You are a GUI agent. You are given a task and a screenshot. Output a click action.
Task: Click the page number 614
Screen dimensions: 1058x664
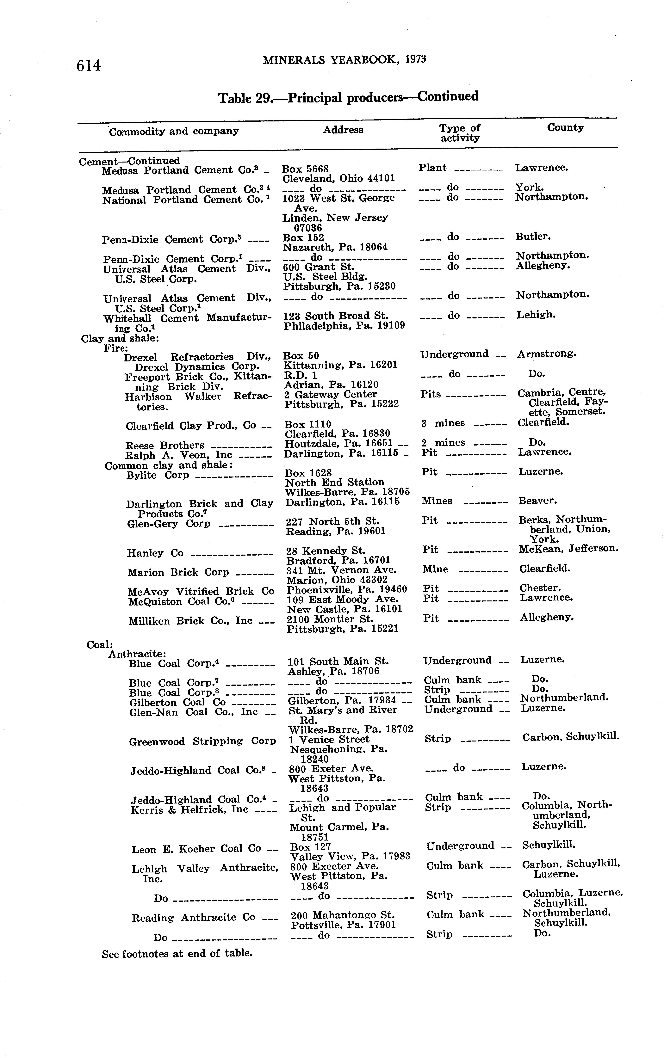pyautogui.click(x=89, y=65)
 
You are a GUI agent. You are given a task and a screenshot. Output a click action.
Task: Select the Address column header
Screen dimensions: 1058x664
pyautogui.click(x=343, y=130)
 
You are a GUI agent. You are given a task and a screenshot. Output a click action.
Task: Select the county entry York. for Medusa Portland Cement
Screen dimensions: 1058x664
pyautogui.click(x=529, y=188)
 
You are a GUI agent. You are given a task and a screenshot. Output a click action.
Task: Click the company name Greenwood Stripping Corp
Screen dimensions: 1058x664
pyautogui.click(x=202, y=741)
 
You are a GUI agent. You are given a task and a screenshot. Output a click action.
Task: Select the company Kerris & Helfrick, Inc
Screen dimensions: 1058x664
pyautogui.click(x=189, y=809)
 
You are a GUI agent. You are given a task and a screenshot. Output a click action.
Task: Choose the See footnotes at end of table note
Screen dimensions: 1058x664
pyautogui.click(x=177, y=954)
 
